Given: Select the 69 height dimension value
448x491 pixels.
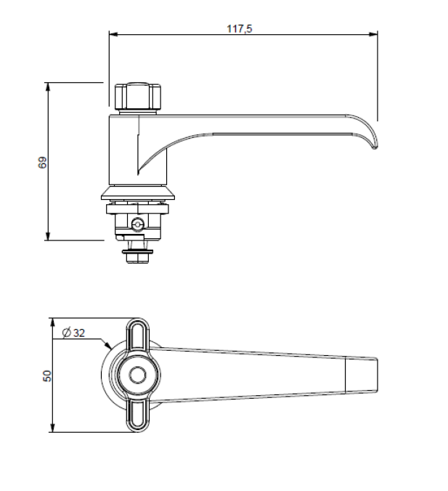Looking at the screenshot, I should point(43,163).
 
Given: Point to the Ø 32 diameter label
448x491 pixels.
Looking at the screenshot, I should point(74,333).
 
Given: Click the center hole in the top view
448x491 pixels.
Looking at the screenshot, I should point(137,376).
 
